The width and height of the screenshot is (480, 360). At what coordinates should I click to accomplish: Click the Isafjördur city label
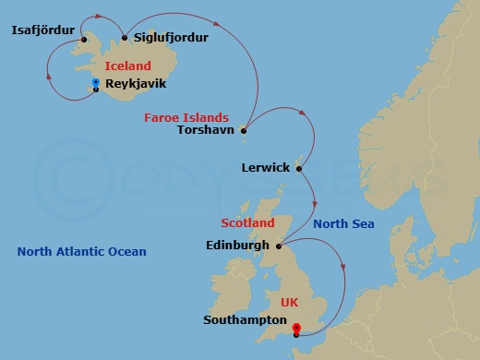tap(42, 30)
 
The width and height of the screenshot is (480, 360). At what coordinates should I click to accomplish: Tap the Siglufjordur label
tap(171, 37)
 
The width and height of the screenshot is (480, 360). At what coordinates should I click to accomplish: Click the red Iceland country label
tap(127, 66)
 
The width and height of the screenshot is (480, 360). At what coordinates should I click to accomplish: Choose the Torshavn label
tap(205, 130)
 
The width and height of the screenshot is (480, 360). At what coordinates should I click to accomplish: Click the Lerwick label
tap(265, 168)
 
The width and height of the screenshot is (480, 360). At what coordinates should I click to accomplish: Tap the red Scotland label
tap(247, 223)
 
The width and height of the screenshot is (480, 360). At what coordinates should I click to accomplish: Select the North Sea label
tap(343, 223)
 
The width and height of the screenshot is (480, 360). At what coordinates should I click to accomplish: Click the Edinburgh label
tap(238, 246)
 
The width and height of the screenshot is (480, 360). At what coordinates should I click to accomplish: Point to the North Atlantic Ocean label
tap(81, 251)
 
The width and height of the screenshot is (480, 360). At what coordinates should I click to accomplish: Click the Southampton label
tap(243, 320)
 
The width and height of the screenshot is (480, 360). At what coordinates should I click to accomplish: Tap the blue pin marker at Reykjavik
tap(95, 83)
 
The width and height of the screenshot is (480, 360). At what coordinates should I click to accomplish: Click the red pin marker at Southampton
tap(295, 327)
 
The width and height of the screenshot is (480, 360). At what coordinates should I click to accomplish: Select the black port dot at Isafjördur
tap(83, 39)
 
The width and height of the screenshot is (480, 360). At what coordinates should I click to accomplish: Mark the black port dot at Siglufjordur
tap(125, 38)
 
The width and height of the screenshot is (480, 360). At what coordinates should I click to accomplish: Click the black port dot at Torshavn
tap(244, 130)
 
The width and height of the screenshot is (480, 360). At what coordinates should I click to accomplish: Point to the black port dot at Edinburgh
tap(278, 246)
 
